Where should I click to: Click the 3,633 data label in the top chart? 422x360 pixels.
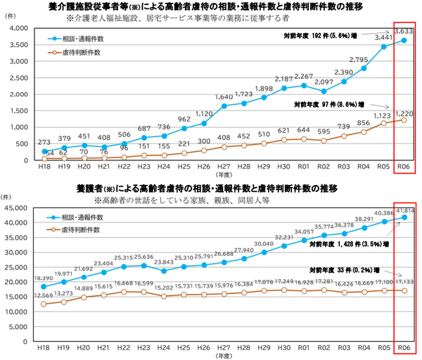pos(404,31)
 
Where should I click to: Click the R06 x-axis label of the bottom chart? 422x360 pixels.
pos(404,347)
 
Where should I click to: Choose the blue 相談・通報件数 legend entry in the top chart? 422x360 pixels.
pos(77,39)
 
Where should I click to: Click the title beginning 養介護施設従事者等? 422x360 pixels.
pos(211,6)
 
